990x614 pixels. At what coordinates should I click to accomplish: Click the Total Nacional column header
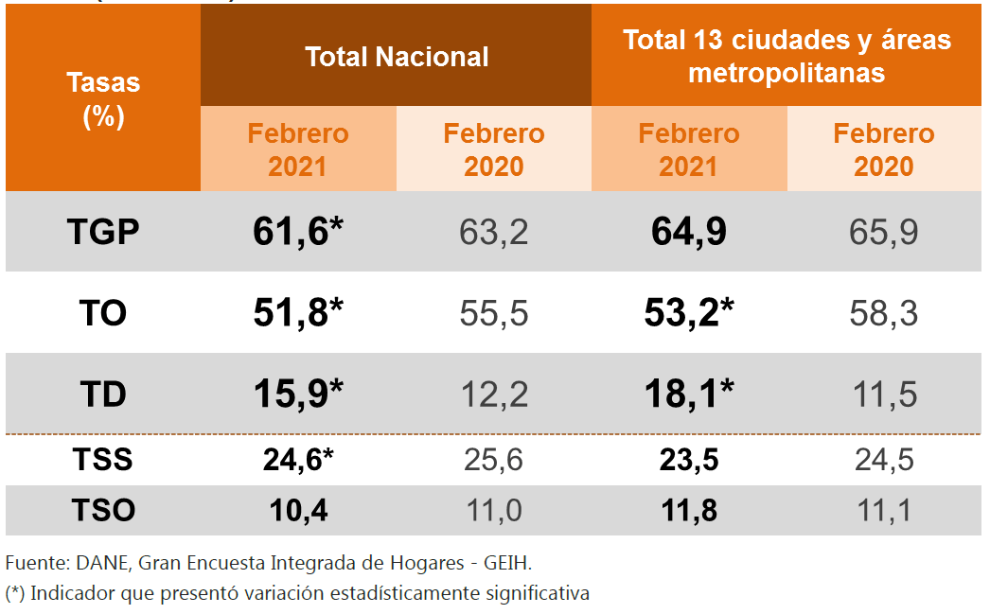point(397,57)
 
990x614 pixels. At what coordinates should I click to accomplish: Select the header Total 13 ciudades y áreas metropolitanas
point(787,56)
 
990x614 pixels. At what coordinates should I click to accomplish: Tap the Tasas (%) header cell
point(103,99)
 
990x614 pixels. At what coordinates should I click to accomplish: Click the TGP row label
point(103,232)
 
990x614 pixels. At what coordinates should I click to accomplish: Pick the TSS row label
point(103,461)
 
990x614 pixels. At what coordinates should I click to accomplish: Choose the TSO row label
point(103,511)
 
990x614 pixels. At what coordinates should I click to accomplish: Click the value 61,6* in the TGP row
point(297,232)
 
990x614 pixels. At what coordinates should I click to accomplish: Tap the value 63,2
point(494,232)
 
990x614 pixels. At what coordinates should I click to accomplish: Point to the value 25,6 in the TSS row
point(494,461)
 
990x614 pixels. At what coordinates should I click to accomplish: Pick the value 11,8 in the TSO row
point(688,511)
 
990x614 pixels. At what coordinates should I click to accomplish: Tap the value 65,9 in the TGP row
point(884,232)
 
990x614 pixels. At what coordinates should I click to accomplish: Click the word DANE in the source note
point(98,564)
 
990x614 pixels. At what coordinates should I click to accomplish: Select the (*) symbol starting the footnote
point(15,594)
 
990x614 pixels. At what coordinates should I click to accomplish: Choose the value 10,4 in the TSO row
point(296,511)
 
